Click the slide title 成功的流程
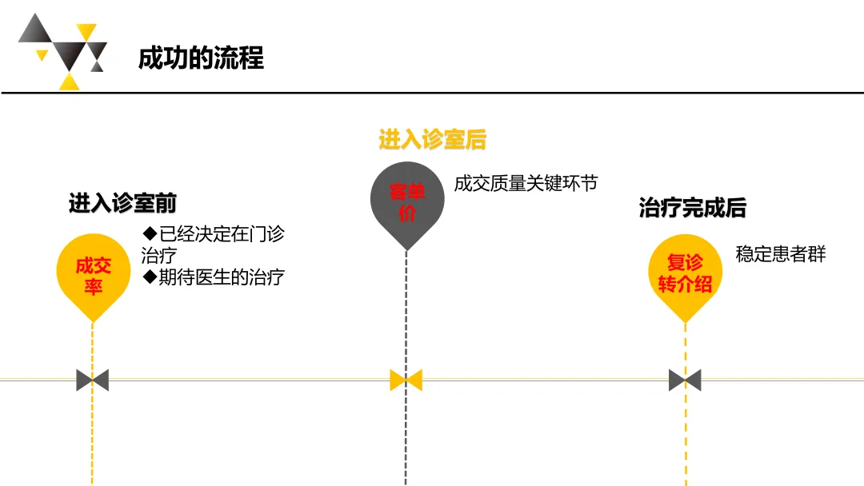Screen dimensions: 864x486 tap(201, 58)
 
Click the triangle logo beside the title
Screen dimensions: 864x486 tap(63, 51)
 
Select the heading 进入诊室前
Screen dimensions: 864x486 tap(122, 204)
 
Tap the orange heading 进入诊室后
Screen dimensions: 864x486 tap(432, 140)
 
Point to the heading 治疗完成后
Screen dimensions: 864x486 tap(693, 208)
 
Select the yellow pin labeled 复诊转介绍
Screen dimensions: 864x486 tap(685, 273)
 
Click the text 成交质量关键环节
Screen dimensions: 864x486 tap(526, 184)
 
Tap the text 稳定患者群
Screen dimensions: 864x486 tap(780, 255)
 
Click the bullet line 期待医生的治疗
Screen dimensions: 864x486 tap(221, 277)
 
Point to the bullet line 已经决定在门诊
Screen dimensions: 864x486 tap(221, 235)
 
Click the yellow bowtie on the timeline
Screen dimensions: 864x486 tap(406, 380)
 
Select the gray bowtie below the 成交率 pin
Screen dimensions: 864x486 tap(93, 380)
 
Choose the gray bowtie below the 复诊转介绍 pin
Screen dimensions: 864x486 tap(685, 380)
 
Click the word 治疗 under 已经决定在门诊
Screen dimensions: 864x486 tap(158, 256)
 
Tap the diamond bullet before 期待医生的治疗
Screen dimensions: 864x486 tap(148, 277)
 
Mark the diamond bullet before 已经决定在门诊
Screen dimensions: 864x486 tap(148, 235)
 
